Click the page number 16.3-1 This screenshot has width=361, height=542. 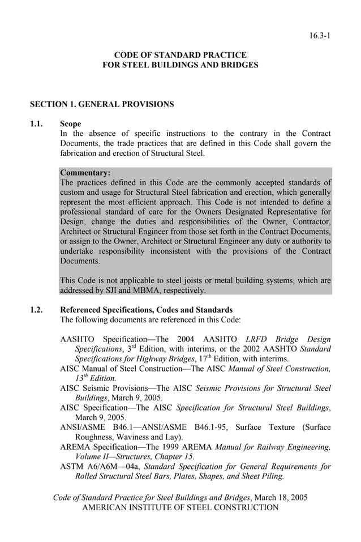320,35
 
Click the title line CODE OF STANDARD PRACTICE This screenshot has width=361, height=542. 180,55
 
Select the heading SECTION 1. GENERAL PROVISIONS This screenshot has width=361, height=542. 102,104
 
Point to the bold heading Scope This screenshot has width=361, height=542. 70,123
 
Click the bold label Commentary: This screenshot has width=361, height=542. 85,173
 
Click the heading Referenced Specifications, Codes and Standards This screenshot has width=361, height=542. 146,310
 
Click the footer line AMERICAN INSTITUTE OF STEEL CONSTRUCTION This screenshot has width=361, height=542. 180,507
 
